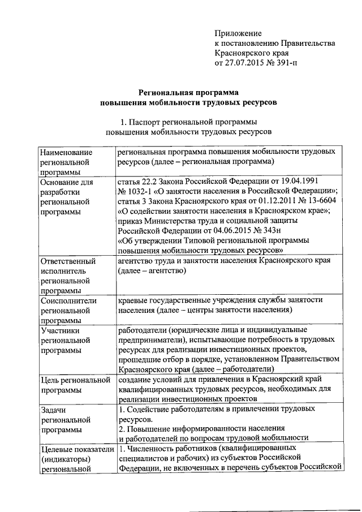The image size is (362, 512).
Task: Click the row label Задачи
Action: (x=54, y=408)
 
